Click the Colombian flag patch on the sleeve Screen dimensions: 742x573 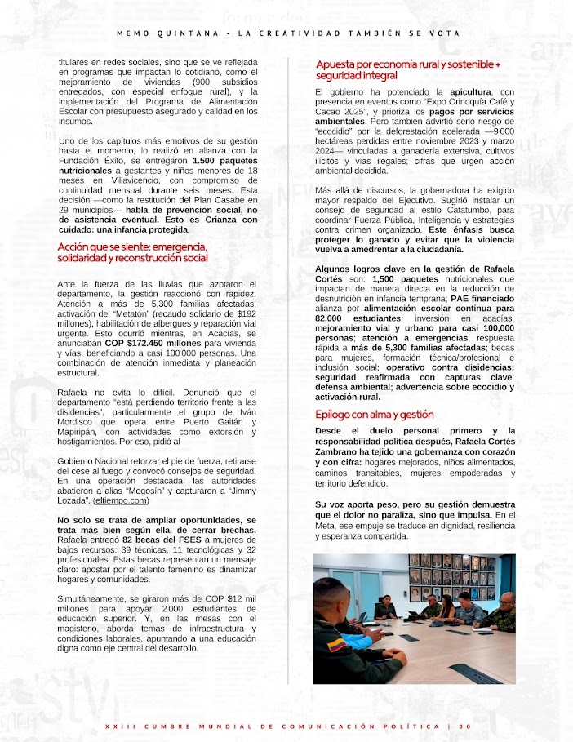pyautogui.click(x=335, y=646)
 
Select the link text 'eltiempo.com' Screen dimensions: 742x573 pyautogui.click(x=122, y=500)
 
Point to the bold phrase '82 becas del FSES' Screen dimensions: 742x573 pyautogui.click(x=158, y=540)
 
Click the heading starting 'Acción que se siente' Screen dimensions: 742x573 pyautogui.click(x=132, y=252)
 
